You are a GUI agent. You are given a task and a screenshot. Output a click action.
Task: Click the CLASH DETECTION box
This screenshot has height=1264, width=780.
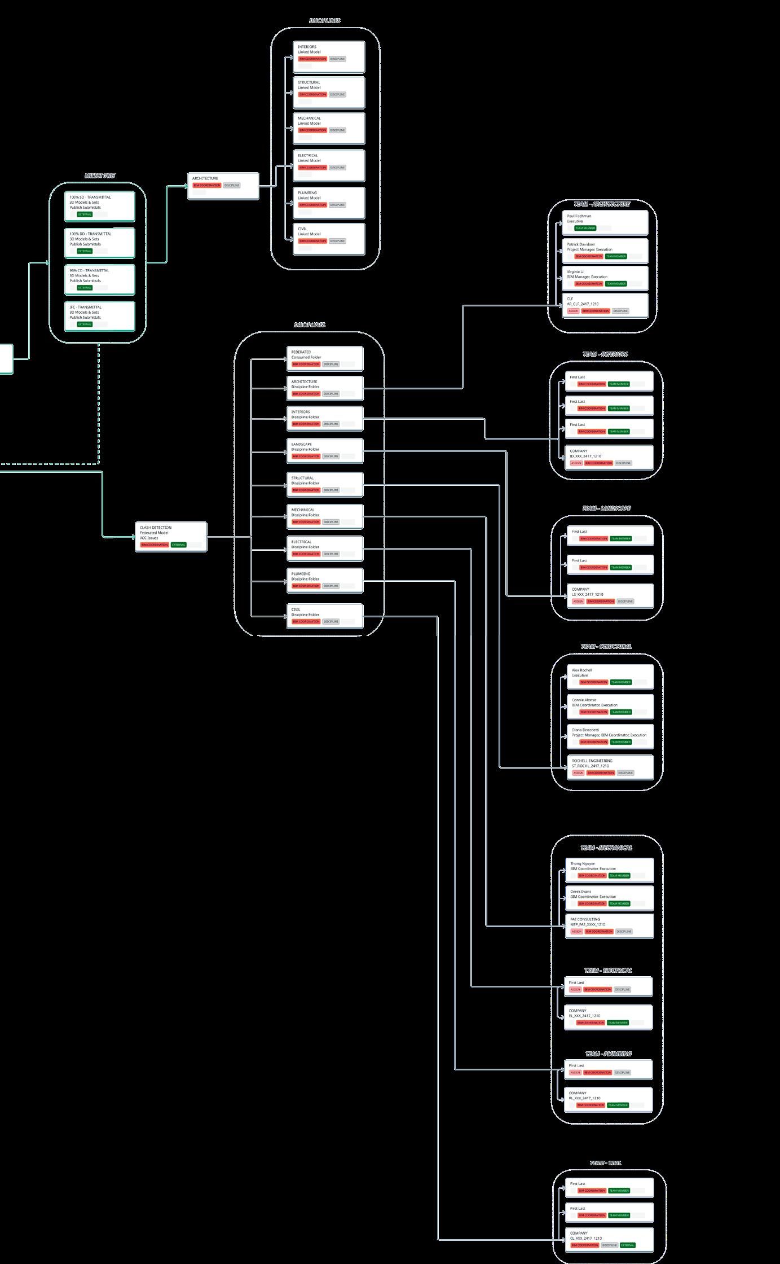point(171,537)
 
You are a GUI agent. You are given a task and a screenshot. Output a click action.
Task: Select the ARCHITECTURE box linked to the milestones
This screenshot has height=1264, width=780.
point(223,186)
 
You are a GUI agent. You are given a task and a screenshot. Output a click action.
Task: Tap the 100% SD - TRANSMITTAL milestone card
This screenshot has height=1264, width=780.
point(100,206)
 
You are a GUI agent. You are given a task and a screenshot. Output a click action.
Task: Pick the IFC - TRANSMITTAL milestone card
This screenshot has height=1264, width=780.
point(100,316)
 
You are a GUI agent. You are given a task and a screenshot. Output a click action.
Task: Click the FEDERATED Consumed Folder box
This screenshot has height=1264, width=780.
point(324,358)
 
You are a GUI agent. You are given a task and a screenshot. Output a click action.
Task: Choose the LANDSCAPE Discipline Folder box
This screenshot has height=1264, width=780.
point(324,451)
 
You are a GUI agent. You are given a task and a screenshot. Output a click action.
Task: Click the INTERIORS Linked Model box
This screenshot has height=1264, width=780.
point(329,56)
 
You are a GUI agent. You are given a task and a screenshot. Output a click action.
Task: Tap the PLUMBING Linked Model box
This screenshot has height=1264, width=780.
point(329,203)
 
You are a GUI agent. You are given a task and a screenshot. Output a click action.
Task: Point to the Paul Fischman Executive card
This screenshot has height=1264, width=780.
point(605,222)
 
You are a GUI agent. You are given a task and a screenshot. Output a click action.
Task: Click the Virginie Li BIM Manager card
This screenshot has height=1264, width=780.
point(605,278)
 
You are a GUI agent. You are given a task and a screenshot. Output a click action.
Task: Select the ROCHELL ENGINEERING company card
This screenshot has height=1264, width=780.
point(610,767)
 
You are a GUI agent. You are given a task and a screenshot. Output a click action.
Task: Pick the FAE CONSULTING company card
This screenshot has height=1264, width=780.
point(609,925)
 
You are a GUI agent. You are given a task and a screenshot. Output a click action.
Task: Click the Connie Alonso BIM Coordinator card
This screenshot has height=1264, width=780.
point(610,706)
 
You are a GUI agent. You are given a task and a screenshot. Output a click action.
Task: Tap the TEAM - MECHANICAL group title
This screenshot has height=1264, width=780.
point(606,848)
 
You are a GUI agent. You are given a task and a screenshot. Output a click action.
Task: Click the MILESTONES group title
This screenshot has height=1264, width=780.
point(100,176)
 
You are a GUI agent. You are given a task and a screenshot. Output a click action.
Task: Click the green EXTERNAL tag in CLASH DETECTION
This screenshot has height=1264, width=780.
point(179,545)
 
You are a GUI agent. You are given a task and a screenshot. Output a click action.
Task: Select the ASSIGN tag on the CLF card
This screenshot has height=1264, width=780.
point(573,311)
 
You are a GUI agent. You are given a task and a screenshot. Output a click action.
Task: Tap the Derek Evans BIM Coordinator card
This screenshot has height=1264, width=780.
point(609,898)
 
